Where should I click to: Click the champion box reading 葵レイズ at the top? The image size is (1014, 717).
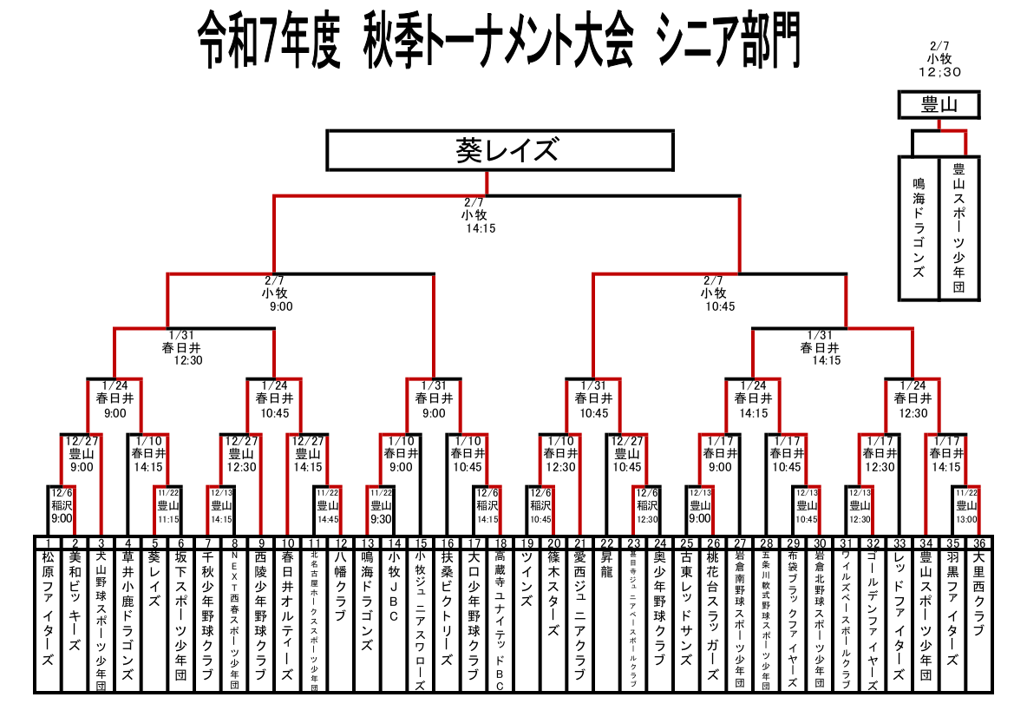500,150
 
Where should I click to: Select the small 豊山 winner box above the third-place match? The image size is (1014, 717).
939,106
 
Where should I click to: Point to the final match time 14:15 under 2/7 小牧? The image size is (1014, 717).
480,228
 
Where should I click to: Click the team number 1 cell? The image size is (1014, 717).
49,543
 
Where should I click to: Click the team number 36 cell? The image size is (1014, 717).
978,543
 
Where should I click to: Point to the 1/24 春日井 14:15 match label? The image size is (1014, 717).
753,400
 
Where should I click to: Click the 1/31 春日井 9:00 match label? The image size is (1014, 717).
434,400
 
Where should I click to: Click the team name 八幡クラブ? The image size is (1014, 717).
341,586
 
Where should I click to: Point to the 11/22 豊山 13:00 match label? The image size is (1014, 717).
965,505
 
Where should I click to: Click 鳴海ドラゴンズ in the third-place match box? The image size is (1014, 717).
919,226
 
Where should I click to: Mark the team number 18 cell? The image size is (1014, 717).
500,543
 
